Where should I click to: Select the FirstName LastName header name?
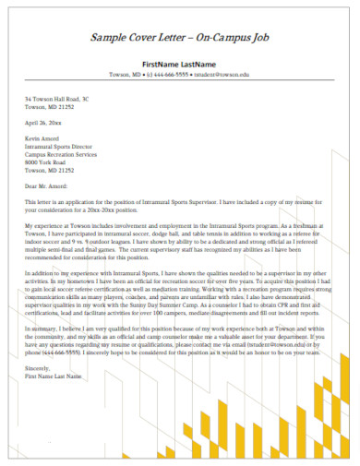pos(179,63)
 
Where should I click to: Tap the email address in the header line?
pos(225,74)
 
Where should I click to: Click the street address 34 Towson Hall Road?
pos(56,98)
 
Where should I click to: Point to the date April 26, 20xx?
pos(42,122)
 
